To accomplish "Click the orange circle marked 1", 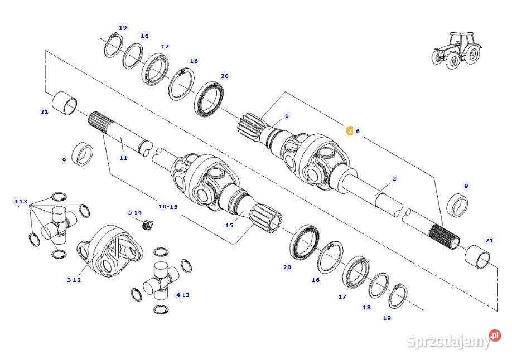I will [350, 132].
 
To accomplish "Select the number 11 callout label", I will [123, 158].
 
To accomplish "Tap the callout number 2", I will [394, 179].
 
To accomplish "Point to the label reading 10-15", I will [168, 207].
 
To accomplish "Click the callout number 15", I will [229, 226].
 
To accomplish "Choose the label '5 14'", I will [135, 212].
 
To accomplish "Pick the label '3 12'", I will [74, 280].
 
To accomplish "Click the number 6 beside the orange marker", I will [358, 132].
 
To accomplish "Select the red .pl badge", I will [495, 335].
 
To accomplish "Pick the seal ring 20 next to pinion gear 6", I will [210, 99].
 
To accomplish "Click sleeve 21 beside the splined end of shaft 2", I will [478, 256].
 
